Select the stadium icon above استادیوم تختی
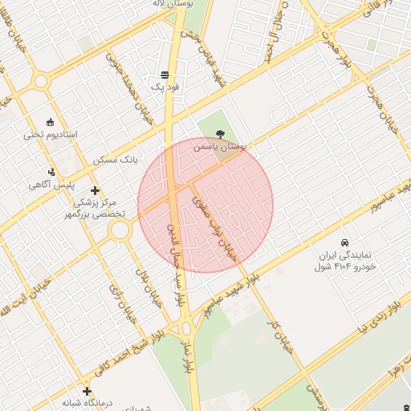[x=51, y=122]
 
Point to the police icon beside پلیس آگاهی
[x=53, y=171]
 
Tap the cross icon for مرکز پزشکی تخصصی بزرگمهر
[x=96, y=190]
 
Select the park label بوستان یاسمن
[x=222, y=148]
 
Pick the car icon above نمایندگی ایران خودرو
[x=344, y=242]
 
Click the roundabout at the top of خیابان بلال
[x=120, y=231]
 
